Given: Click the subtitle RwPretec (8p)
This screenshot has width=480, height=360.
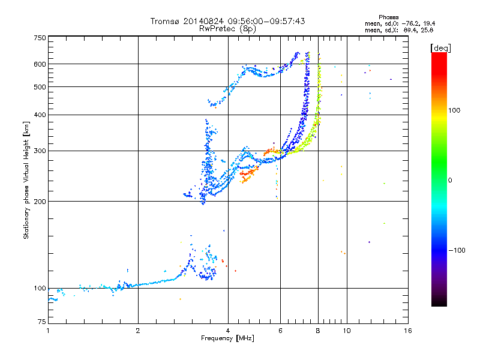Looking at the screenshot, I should (228, 28).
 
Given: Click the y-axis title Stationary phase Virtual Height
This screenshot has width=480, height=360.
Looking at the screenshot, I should (26, 180).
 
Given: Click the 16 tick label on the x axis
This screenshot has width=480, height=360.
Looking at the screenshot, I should (407, 331).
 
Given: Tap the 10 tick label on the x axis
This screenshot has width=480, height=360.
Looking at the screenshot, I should (346, 331).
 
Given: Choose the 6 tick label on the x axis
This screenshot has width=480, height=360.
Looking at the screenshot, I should (280, 331).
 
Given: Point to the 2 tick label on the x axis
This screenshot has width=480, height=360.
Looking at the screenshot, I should (138, 331).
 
